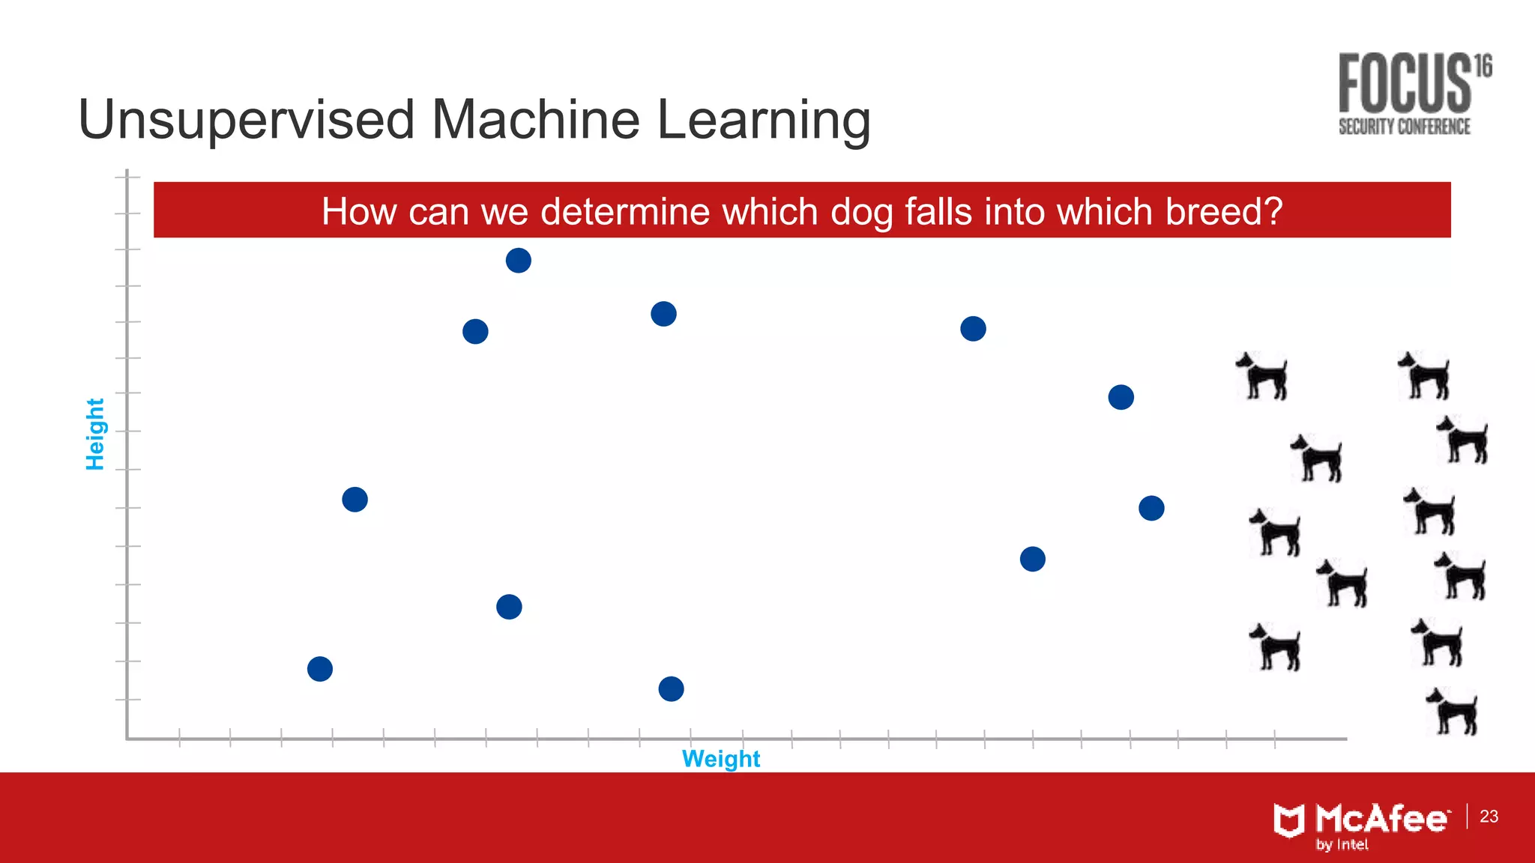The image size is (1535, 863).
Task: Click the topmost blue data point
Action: [x=518, y=261]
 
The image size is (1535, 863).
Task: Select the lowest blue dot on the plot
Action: [x=671, y=688]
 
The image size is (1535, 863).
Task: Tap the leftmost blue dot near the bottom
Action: [x=320, y=669]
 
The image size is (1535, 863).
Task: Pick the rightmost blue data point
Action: [x=1151, y=509]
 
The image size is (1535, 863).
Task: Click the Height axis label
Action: [x=95, y=434]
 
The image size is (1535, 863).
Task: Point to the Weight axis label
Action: [x=720, y=759]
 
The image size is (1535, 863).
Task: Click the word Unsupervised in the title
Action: [x=246, y=120]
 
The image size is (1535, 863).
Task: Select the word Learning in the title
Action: [x=764, y=120]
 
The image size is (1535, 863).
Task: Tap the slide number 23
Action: [x=1489, y=816]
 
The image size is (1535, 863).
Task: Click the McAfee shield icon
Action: [x=1288, y=820]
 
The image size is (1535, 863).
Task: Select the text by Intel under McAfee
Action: [x=1342, y=845]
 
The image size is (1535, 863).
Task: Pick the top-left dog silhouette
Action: [x=1263, y=376]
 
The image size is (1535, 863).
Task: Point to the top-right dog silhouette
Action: [x=1424, y=376]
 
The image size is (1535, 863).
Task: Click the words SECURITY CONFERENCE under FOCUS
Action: [x=1404, y=127]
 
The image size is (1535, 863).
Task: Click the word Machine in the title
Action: [x=536, y=120]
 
